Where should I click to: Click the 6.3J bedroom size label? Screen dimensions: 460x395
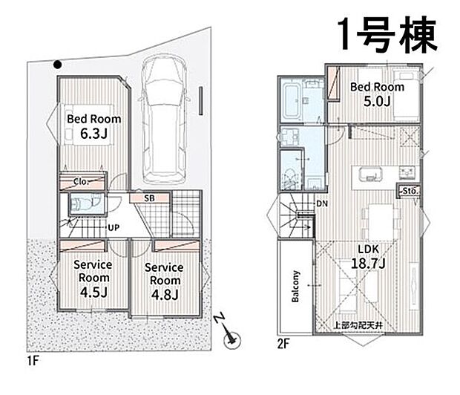click(94, 134)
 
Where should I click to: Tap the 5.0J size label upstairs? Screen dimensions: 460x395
click(377, 102)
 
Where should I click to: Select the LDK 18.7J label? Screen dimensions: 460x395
click(368, 256)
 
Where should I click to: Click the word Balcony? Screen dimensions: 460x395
click(295, 286)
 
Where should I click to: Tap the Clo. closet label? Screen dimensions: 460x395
click(82, 181)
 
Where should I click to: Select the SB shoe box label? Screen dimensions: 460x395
click(149, 198)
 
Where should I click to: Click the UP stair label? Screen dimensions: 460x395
click(114, 228)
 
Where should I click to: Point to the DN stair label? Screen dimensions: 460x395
click(322, 203)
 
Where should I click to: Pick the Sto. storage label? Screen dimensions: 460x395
click(410, 191)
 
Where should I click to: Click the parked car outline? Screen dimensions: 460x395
click(164, 119)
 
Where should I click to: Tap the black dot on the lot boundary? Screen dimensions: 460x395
click(58, 65)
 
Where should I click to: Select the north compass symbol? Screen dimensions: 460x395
click(228, 332)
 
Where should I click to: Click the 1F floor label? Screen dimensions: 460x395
click(33, 361)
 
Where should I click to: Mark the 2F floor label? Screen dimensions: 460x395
click(283, 344)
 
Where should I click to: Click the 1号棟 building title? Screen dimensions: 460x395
click(388, 34)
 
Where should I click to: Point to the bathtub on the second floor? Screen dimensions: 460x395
click(291, 101)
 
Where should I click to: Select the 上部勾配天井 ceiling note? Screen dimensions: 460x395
click(358, 325)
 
